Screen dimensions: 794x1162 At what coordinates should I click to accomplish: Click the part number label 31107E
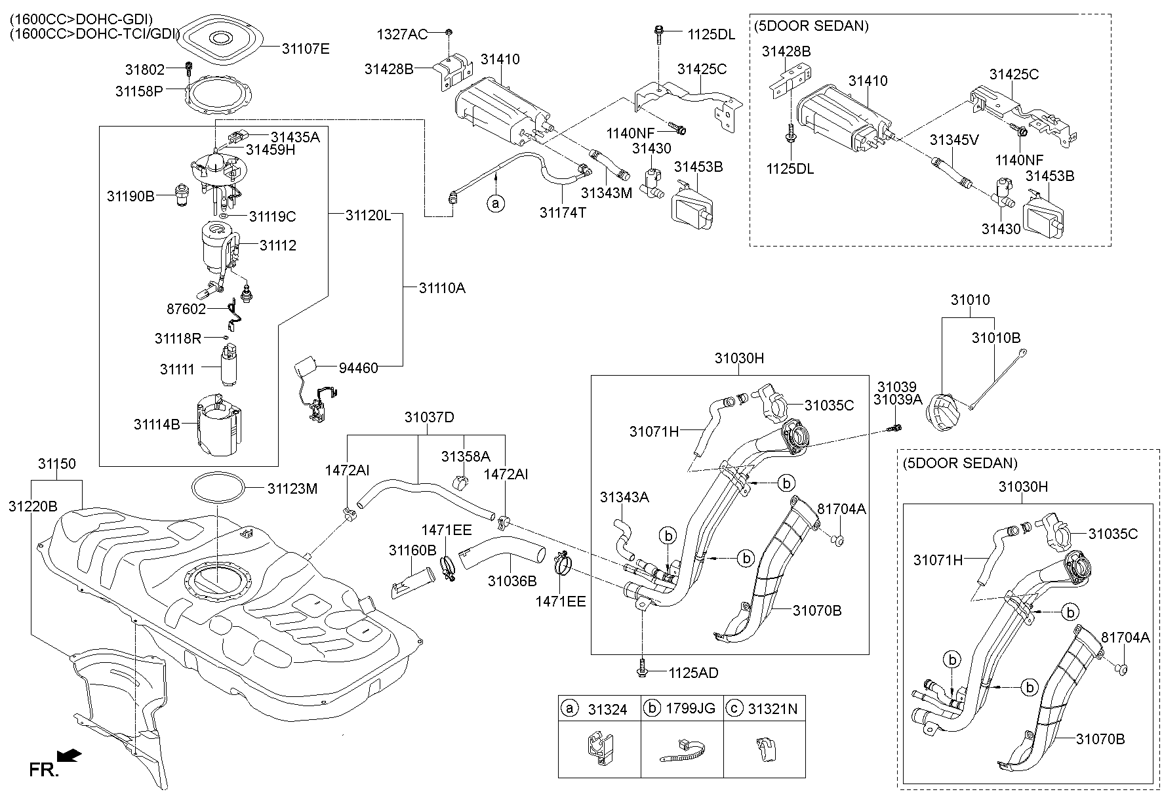click(306, 48)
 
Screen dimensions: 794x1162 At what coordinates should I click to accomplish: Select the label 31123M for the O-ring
click(292, 488)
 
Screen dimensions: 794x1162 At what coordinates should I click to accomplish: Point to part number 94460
click(359, 368)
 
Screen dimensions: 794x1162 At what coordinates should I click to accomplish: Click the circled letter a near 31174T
click(496, 204)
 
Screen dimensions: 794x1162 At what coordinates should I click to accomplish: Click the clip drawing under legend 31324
click(599, 750)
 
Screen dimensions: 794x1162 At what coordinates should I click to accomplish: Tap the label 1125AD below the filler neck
click(694, 673)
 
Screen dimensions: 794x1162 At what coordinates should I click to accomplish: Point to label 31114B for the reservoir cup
click(157, 424)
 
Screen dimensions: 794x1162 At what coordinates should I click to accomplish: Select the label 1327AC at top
click(401, 34)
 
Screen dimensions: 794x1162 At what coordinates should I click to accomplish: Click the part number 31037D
click(429, 417)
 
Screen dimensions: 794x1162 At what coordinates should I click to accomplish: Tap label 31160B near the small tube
click(412, 551)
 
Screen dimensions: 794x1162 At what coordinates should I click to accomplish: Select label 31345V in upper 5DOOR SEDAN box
click(955, 140)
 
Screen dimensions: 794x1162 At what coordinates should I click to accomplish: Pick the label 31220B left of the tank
click(33, 506)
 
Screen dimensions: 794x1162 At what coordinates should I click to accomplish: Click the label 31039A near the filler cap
click(898, 399)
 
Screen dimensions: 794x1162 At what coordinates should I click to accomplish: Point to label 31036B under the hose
click(512, 581)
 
